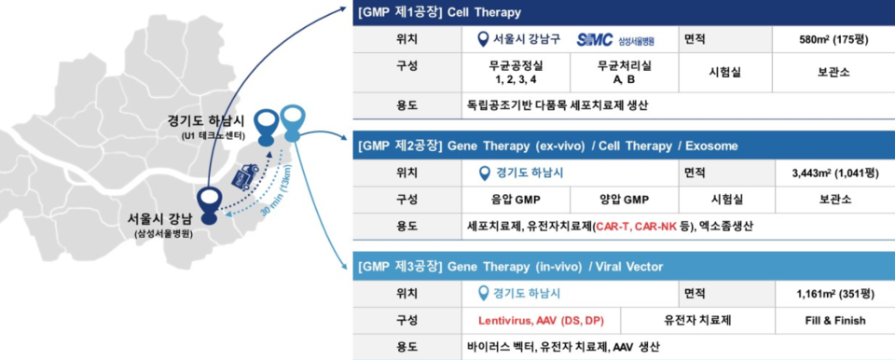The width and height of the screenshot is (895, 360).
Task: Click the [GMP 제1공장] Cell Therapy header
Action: (439, 13)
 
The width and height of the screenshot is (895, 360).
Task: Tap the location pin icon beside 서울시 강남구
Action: (481, 40)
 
